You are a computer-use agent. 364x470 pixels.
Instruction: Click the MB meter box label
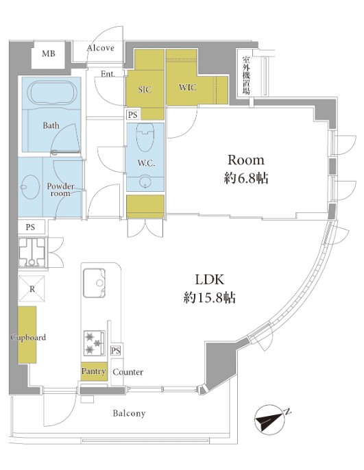[48, 53]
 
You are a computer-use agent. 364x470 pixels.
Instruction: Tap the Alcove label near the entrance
[101, 48]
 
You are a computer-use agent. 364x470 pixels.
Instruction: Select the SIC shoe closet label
[145, 89]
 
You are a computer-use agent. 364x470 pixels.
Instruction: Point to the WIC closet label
[188, 87]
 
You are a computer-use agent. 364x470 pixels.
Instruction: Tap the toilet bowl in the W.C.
[145, 137]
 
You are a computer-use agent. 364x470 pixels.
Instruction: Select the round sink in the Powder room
[30, 187]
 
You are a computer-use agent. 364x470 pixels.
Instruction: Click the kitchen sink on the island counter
[94, 283]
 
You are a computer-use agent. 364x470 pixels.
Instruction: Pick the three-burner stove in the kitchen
[95, 343]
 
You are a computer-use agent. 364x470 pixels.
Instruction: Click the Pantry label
[94, 371]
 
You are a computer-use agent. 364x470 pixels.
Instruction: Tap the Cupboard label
[28, 338]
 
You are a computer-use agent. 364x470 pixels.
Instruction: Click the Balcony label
[130, 413]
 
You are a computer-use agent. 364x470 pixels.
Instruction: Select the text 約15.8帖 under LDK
[210, 297]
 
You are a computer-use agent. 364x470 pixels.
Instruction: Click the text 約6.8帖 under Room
[246, 178]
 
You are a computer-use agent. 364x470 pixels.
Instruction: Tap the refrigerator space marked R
[32, 288]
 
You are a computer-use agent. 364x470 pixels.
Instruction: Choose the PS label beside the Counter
[116, 350]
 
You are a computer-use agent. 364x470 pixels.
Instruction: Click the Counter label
[128, 372]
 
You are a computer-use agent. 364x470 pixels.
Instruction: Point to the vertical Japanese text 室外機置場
[246, 75]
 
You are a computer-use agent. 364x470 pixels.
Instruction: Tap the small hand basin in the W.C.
[145, 182]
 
